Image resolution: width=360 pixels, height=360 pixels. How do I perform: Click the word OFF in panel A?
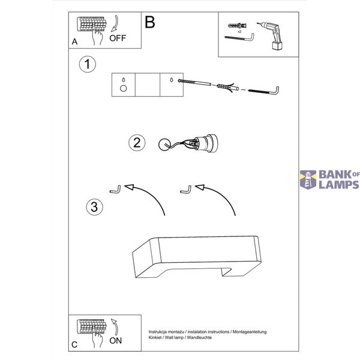(118, 38)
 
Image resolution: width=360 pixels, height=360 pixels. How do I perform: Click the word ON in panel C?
(115, 340)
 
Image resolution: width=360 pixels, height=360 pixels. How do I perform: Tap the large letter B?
(150, 23)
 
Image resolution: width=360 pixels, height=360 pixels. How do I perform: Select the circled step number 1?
(87, 64)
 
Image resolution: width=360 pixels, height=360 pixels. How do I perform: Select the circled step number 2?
(137, 143)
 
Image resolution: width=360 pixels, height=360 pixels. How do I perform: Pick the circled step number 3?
(94, 206)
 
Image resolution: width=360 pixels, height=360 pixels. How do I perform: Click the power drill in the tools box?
(272, 35)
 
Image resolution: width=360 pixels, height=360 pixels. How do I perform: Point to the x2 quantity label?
(239, 31)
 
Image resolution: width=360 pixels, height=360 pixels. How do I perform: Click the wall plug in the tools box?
(237, 25)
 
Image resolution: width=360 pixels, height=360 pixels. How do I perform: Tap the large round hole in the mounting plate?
(123, 88)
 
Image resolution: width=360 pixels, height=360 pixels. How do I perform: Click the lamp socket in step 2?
(205, 143)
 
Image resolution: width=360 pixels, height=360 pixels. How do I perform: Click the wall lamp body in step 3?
(197, 257)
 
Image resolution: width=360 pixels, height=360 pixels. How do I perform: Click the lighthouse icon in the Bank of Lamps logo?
(308, 180)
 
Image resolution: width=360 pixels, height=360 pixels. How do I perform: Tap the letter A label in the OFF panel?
(74, 41)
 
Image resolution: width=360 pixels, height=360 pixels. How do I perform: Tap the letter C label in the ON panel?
(74, 344)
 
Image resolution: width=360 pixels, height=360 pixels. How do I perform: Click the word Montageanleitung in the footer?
(250, 332)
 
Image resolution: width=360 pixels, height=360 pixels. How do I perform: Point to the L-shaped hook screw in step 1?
(264, 91)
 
